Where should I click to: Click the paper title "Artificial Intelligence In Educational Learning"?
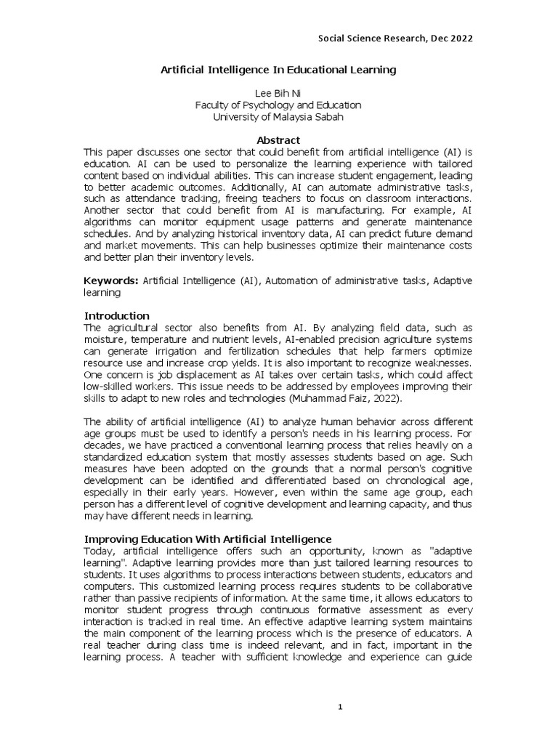(278, 70)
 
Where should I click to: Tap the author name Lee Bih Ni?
(278, 94)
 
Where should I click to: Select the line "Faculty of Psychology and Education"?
(278, 105)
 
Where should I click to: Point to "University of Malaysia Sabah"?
(278, 117)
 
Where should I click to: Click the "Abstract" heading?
(278, 140)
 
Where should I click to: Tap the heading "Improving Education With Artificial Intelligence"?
(208, 538)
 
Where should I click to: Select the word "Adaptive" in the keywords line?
(453, 280)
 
